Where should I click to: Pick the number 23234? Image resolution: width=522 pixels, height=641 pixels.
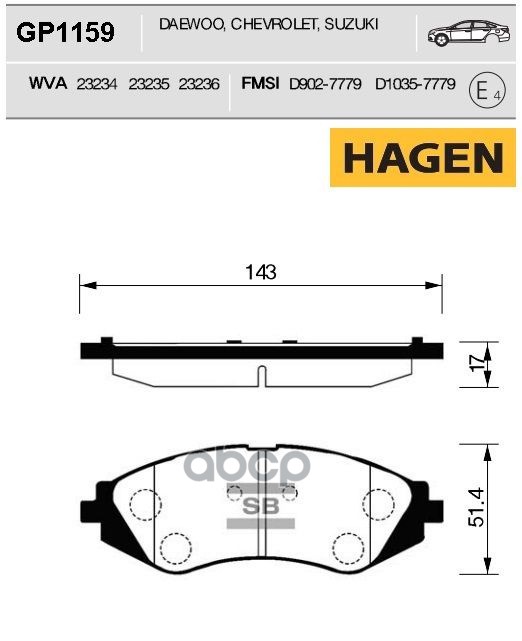click(x=101, y=85)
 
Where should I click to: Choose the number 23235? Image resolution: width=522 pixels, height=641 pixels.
click(x=149, y=85)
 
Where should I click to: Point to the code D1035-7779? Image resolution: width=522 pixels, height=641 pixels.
click(x=411, y=85)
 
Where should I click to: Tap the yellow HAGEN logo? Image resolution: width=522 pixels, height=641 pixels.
click(x=424, y=158)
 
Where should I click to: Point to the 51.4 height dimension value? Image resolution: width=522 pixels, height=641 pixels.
click(x=477, y=507)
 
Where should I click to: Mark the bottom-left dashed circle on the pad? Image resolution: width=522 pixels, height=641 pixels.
click(x=176, y=546)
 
